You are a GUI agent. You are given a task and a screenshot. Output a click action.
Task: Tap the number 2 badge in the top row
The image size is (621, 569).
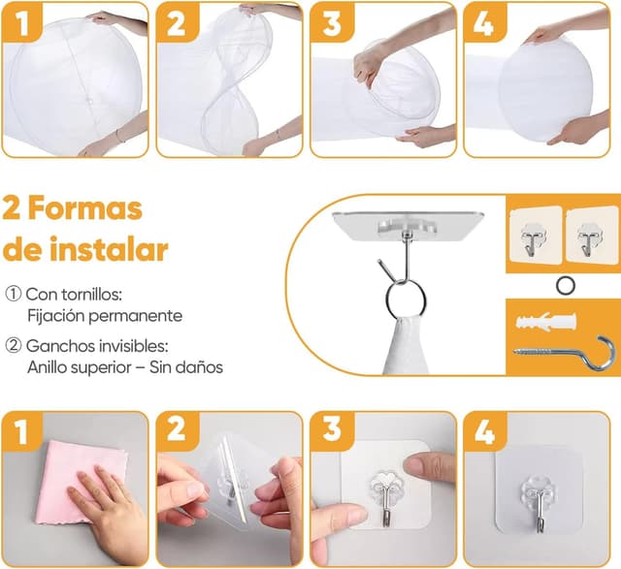[x=176, y=22]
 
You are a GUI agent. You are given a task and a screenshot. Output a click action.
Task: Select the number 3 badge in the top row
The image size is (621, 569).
[x=332, y=22]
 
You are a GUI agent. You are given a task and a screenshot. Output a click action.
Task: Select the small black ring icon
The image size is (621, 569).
[x=564, y=283]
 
